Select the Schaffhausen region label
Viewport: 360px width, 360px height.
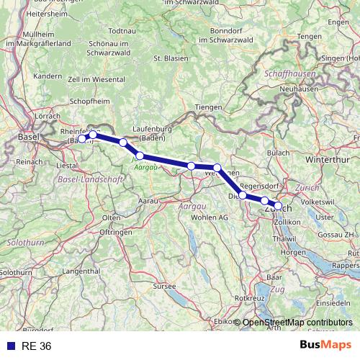click(x=289, y=74)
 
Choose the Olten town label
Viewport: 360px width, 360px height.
click(x=111, y=217)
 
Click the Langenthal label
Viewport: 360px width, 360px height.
click(x=81, y=271)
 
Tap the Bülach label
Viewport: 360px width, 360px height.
click(x=278, y=153)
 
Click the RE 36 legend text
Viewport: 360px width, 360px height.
click(x=37, y=346)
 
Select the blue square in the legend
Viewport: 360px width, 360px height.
click(x=11, y=346)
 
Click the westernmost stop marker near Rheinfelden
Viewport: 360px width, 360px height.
click(x=82, y=139)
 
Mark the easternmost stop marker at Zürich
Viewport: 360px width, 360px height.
click(x=279, y=207)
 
